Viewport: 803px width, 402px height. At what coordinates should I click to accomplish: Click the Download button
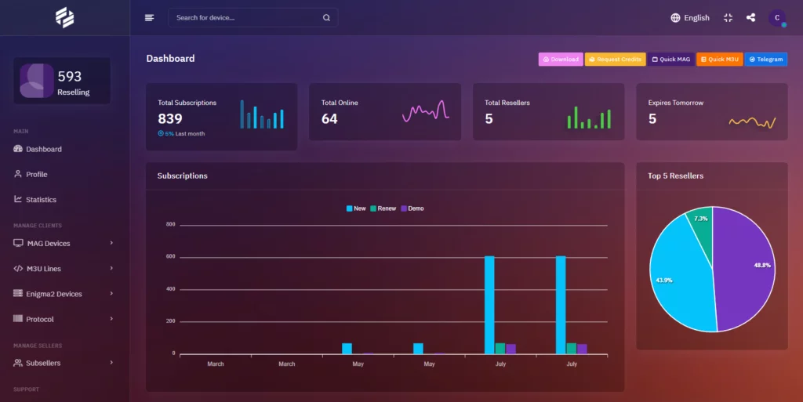560,60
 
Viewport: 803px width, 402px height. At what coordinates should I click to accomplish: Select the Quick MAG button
671,60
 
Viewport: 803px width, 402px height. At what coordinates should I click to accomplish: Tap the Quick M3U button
720,60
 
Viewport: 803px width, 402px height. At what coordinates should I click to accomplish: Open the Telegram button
765,60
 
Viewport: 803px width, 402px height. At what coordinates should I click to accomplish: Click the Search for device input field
248,17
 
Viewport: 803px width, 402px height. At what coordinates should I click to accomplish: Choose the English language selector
689,17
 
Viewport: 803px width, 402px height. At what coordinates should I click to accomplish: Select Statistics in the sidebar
41,200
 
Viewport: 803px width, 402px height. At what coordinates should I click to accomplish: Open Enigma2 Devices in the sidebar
54,294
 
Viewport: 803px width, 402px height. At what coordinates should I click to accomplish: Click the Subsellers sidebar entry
43,363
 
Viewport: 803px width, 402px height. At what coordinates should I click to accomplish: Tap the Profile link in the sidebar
36,174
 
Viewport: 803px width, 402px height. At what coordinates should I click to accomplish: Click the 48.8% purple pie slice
745,266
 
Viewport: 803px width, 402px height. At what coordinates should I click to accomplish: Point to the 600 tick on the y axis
170,257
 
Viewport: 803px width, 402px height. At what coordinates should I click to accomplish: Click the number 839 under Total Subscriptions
170,119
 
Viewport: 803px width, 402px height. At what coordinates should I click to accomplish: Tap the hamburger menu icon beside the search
149,17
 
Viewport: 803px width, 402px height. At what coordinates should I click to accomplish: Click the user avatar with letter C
776,17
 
